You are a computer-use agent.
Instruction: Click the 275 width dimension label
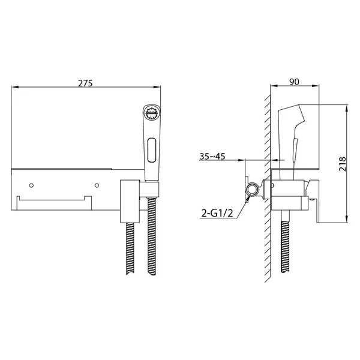coord(85,83)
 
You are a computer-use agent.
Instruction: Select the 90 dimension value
coord(295,82)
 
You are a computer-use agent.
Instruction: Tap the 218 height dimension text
coord(342,164)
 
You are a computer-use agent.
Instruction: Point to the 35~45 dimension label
coord(212,157)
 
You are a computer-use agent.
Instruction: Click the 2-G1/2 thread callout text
coord(217,214)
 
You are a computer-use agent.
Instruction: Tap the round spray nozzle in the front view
coord(151,113)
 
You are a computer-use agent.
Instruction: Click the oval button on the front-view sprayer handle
coord(152,150)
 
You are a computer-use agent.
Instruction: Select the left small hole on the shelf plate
coord(32,185)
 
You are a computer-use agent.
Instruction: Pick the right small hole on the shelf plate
coord(97,185)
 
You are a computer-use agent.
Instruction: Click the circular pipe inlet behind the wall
coord(253,190)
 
